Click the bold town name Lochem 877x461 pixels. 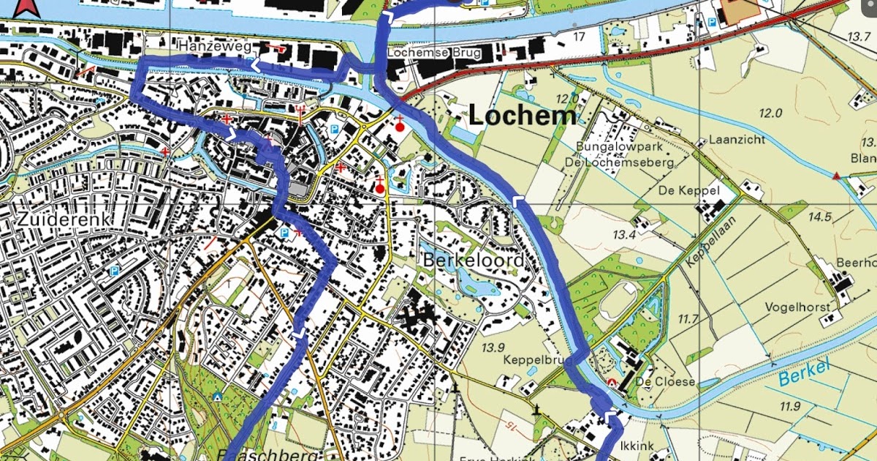click(522, 116)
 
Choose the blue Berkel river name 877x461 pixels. click(805, 374)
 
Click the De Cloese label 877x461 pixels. click(654, 382)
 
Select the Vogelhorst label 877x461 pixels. click(799, 307)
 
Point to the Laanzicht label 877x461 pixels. click(734, 140)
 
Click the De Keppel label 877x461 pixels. click(689, 190)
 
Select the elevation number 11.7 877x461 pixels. click(688, 318)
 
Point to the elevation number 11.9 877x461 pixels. click(790, 407)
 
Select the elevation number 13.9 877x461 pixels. click(494, 346)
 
